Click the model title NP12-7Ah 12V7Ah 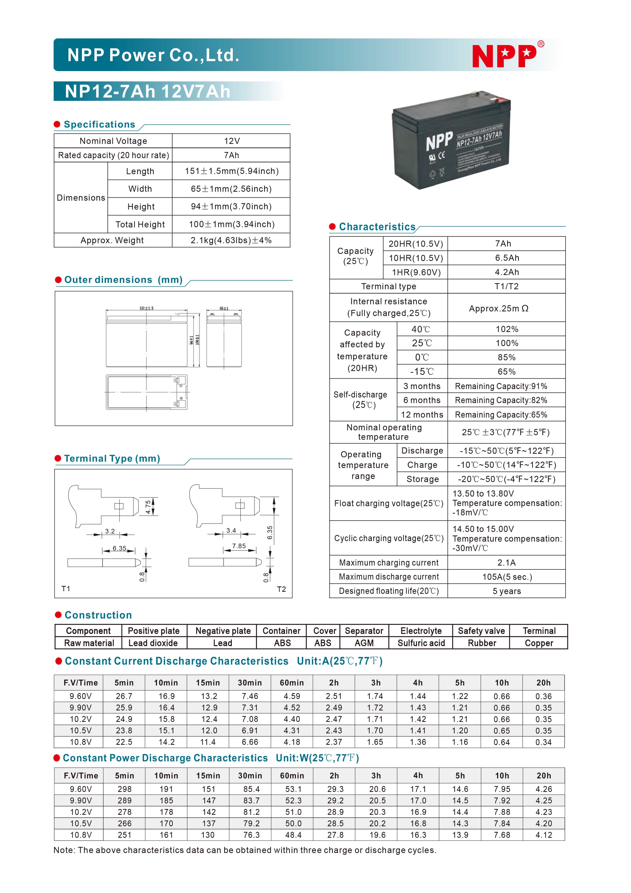pos(148,92)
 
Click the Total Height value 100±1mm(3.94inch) pos(232,224)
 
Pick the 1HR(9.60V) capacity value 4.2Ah pos(507,272)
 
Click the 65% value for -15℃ pos(506,372)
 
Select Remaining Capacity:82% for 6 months pos(501,400)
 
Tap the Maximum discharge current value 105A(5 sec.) pos(507,577)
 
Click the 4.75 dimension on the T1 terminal pos(148,507)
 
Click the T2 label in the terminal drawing pos(281,589)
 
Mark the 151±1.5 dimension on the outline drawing pos(147,308)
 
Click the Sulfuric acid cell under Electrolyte pos(421,643)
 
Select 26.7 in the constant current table pos(124,696)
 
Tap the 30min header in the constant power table pos(250,776)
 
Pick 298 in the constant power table pos(124,789)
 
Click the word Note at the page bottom pos(63,850)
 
